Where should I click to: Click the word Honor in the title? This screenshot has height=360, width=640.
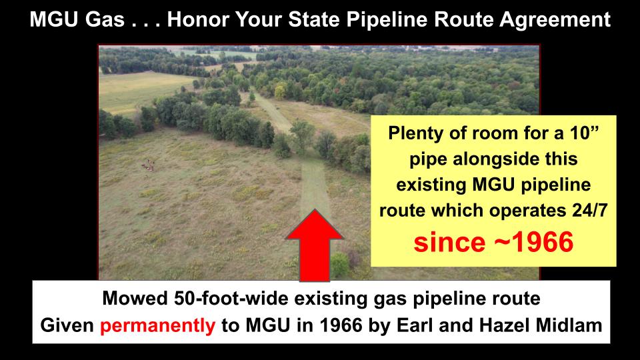(x=197, y=19)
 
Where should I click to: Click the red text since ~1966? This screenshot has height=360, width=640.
(x=493, y=241)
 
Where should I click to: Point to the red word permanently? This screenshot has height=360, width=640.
(x=157, y=326)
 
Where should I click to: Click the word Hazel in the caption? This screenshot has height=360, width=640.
(x=505, y=325)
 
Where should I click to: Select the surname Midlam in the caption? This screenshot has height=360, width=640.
(x=569, y=325)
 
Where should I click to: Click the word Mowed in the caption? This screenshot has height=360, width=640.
(x=135, y=299)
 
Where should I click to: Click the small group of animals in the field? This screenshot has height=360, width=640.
(x=148, y=165)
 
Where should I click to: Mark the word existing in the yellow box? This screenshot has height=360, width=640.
(x=431, y=185)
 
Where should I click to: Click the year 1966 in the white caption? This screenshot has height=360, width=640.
(x=341, y=325)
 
